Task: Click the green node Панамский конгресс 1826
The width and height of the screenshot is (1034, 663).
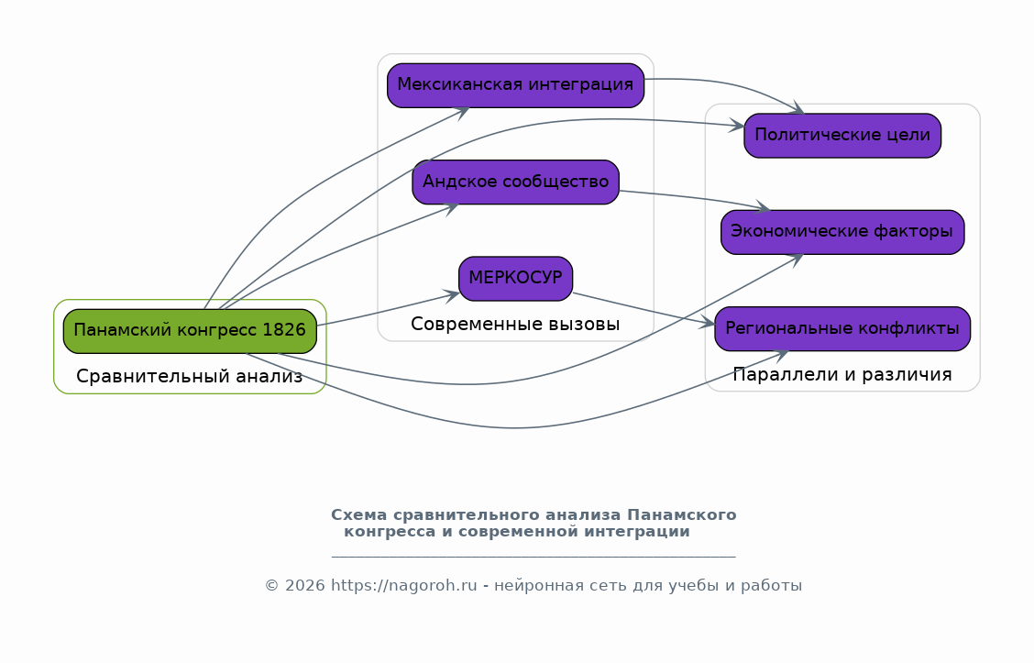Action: [190, 331]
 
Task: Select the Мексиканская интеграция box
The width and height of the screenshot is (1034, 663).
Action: [516, 86]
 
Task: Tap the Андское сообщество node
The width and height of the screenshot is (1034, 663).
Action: [516, 182]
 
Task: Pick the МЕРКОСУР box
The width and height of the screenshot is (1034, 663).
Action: [516, 279]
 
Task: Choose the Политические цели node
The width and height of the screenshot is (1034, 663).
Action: [842, 135]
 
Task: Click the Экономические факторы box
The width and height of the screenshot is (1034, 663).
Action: [842, 232]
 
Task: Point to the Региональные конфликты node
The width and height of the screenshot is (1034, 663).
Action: [842, 328]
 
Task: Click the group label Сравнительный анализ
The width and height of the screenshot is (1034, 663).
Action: [189, 377]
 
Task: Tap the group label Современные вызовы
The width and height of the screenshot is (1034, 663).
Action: [515, 325]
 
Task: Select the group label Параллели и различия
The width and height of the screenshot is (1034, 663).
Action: [842, 375]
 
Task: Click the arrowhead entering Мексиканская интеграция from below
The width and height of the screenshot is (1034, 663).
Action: [462, 113]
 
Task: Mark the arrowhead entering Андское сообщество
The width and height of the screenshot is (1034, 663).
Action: [450, 209]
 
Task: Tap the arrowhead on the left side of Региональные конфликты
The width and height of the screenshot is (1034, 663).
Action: [707, 323]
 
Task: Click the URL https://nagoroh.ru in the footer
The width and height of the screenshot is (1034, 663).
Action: [403, 586]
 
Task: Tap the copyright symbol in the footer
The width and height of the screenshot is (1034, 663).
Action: [271, 586]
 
